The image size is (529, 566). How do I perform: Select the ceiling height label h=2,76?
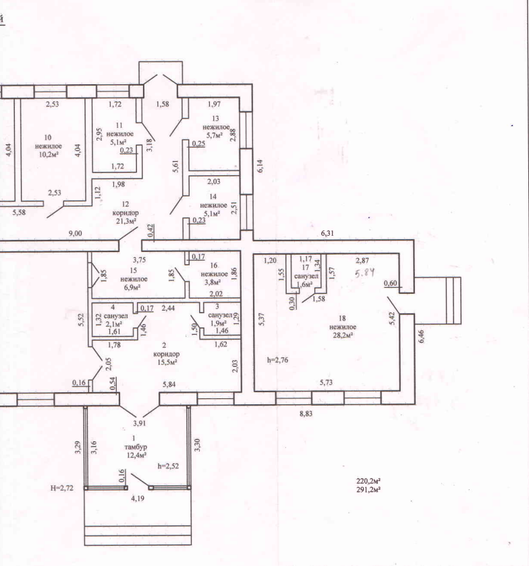[x=278, y=360]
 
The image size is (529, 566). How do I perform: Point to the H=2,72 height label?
[x=62, y=488]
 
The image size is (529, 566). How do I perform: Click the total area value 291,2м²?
[x=368, y=489]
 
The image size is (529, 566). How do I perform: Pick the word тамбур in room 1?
[x=136, y=447]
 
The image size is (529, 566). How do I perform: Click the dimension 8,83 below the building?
[x=306, y=414]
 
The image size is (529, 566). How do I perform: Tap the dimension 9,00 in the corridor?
[x=75, y=233]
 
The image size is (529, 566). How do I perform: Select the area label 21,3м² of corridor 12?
[x=126, y=221]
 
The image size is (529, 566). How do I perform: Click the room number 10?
[x=48, y=137]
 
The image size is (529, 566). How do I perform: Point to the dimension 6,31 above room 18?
[x=327, y=233]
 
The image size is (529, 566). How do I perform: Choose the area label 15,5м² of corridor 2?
[x=167, y=362]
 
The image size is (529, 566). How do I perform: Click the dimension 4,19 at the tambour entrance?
[x=138, y=499]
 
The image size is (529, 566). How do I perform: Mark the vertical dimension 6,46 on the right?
[x=421, y=336]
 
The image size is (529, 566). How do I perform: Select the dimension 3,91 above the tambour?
[x=140, y=422]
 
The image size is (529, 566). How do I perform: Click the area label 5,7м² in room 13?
[x=215, y=135]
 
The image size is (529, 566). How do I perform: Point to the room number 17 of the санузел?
[x=306, y=268]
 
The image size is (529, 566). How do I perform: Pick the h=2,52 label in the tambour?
[x=168, y=466]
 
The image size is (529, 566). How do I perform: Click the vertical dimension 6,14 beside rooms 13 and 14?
[x=260, y=166]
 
